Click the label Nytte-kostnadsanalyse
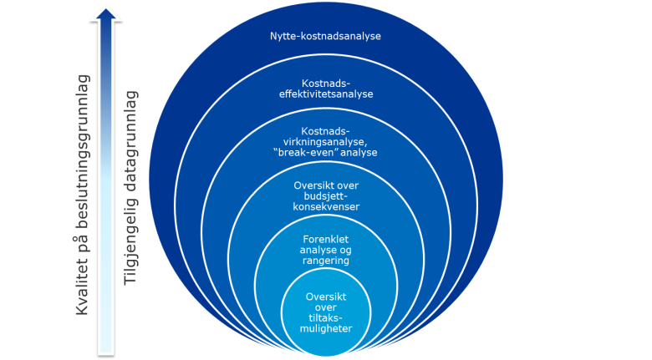[326, 36]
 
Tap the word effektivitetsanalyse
[326, 94]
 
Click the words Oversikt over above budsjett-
[326, 185]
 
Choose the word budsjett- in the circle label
[326, 195]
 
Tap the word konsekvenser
[326, 206]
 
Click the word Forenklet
[326, 240]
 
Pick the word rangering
[326, 261]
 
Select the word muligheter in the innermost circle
[326, 328]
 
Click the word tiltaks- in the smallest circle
[326, 317]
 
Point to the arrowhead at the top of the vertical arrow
[105, 13]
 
